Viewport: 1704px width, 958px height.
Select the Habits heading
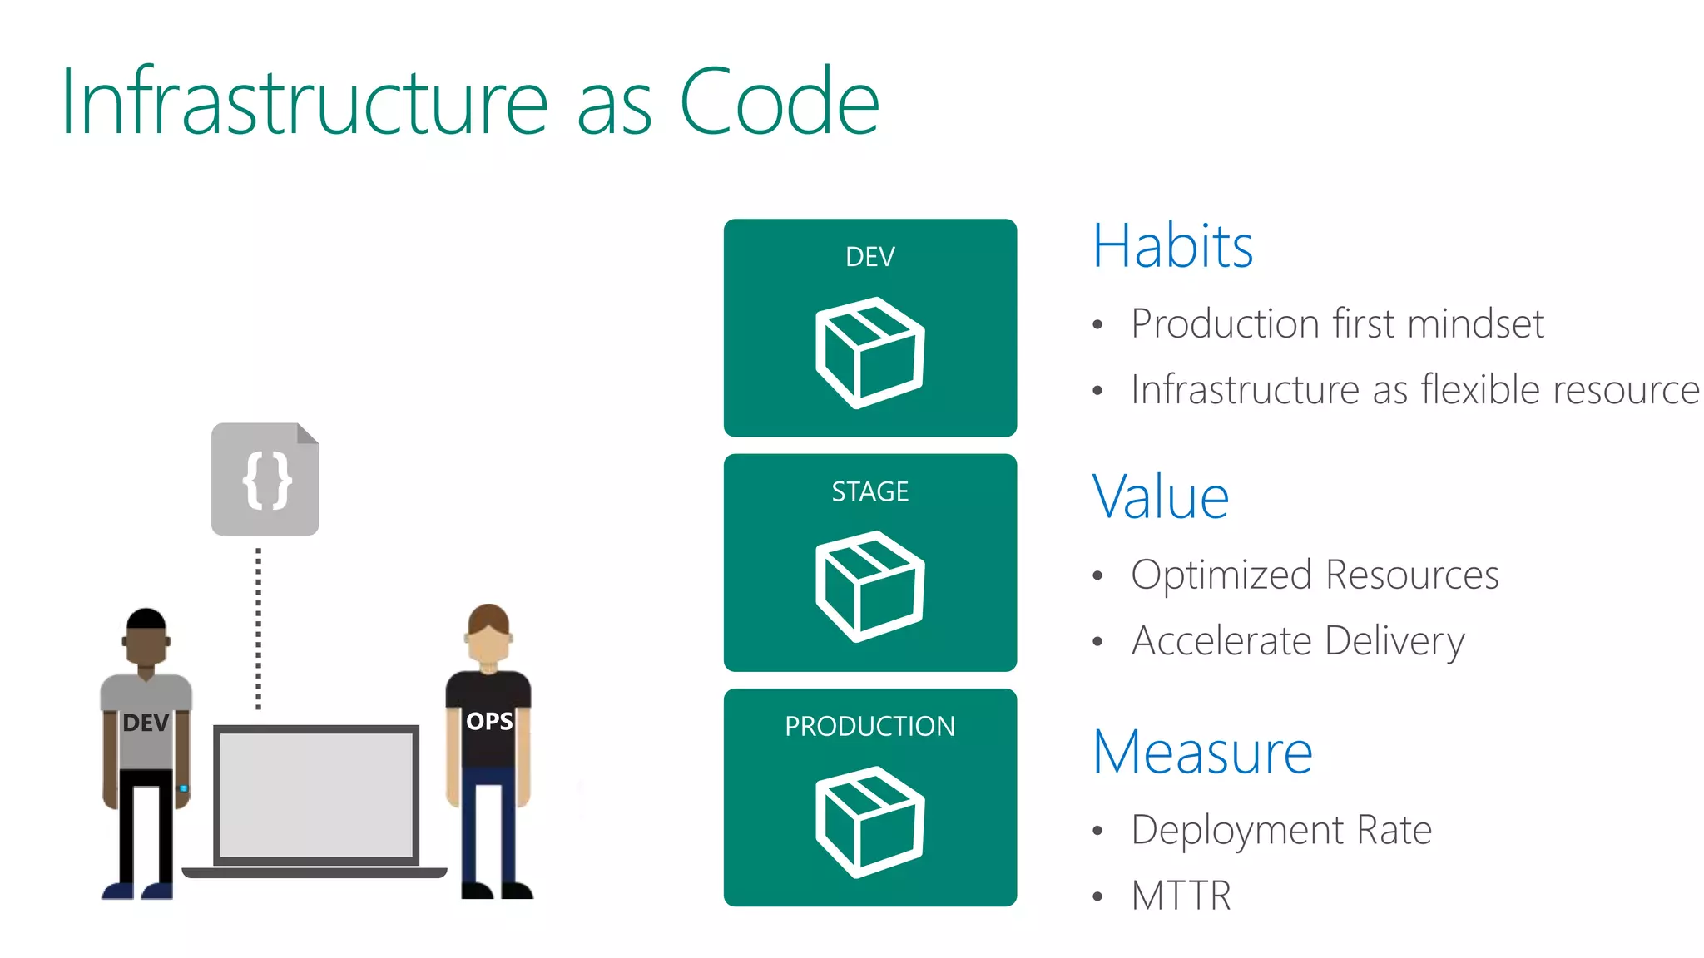(1172, 246)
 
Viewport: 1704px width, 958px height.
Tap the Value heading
(1160, 497)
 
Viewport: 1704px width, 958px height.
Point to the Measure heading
(1202, 752)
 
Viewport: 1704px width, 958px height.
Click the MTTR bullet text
(1181, 896)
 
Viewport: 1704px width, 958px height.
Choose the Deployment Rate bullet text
(1281, 830)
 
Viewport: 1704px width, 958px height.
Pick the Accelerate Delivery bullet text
(1298, 641)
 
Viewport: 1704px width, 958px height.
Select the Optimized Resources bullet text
(1315, 575)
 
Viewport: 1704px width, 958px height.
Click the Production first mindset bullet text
(1337, 323)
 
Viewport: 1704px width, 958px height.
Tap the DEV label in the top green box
(869, 257)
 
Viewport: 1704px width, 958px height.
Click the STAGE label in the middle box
(869, 491)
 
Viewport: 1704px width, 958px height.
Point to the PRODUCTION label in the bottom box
(869, 726)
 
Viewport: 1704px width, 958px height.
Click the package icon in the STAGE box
(869, 586)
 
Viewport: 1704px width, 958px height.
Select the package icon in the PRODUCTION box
(869, 822)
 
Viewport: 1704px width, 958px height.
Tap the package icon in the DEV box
(869, 352)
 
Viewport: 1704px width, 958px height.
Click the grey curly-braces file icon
(265, 479)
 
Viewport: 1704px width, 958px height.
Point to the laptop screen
(316, 794)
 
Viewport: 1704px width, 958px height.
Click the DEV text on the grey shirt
(146, 723)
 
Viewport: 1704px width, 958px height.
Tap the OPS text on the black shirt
(489, 721)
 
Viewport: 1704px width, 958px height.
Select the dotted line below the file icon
(258, 628)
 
